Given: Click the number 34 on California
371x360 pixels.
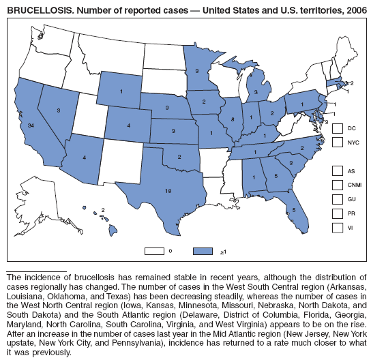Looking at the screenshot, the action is (32, 125).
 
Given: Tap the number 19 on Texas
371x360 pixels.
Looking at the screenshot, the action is (168, 191).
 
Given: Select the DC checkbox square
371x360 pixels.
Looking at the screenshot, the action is (337, 128).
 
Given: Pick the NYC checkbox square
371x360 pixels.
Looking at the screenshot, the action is (337, 142).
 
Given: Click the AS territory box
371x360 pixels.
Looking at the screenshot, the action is (337, 170).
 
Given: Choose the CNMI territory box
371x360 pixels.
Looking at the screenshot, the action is (337, 184).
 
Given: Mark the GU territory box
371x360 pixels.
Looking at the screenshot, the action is (337, 198).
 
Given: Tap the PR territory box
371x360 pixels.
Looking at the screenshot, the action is (337, 213).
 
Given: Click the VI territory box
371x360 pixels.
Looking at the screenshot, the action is (337, 227).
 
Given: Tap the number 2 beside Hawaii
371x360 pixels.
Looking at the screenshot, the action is (103, 210).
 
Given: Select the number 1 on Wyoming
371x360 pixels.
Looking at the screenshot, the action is (121, 92).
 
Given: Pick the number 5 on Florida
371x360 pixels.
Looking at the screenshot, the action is (293, 209).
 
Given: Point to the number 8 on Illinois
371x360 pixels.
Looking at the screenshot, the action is (232, 119).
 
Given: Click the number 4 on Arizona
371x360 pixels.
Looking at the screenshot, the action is (84, 157).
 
